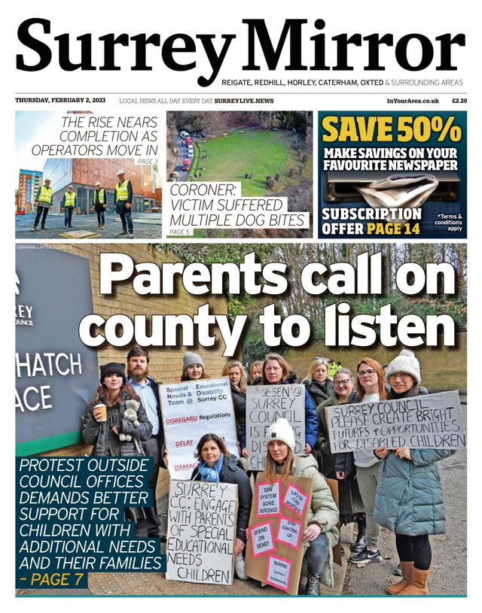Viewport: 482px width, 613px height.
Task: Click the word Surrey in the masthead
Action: coord(125,47)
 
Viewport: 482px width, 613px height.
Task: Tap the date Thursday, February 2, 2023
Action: coord(62,101)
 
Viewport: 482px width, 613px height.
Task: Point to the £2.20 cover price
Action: coord(459,101)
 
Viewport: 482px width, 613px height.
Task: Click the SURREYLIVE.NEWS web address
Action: coord(244,101)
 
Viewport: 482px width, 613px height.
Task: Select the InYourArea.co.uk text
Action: coord(413,101)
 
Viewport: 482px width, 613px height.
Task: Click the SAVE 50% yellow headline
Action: coord(392,130)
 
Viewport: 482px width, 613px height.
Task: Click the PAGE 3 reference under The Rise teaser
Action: coord(147,161)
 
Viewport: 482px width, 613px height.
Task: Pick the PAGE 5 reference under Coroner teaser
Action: coord(180,232)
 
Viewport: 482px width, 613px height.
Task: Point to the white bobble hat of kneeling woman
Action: coord(281,433)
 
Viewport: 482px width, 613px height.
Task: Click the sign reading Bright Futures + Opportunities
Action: coord(395,421)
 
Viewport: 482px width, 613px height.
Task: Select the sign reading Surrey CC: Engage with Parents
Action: coord(201,530)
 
